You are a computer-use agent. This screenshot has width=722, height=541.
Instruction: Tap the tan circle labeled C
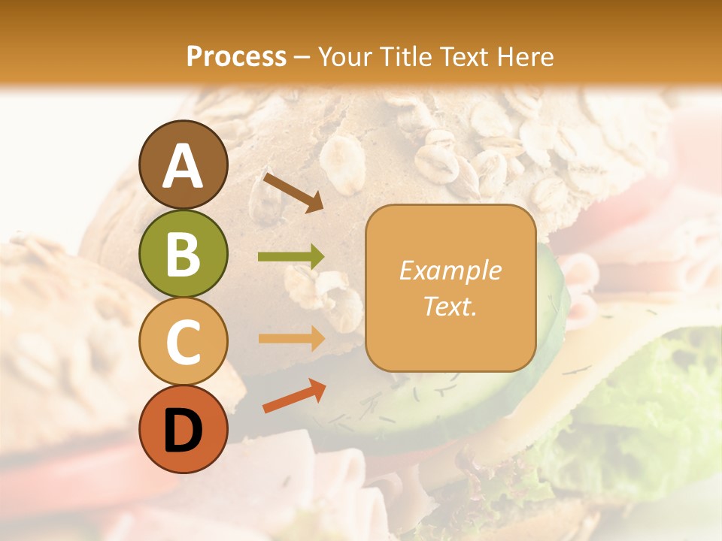coord(183,342)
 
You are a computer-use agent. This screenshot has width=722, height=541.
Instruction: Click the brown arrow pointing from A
coord(293,192)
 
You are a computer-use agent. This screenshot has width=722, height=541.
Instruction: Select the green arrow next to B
coord(291,257)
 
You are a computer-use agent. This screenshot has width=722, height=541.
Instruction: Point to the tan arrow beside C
coord(291,338)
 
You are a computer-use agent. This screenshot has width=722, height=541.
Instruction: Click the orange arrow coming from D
coord(293,396)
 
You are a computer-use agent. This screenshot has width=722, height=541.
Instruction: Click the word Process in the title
coord(236,56)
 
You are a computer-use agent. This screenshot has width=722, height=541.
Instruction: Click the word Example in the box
coord(450,270)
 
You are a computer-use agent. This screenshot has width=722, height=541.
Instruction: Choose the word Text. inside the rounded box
coord(450,306)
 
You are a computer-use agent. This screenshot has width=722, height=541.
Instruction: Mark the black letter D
coord(183,431)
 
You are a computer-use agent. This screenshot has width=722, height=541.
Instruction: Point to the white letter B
coord(183,254)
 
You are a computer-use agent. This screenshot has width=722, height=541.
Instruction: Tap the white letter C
coord(183,343)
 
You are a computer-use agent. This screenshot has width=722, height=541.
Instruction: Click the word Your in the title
coord(346,56)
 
